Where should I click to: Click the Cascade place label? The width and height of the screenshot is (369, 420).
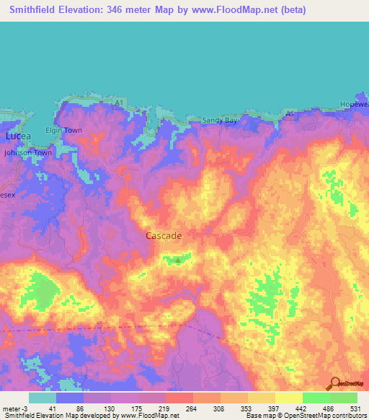[x=164, y=236]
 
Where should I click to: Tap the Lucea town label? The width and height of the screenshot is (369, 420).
[x=14, y=136]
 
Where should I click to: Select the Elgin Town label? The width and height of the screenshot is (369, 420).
[x=64, y=131]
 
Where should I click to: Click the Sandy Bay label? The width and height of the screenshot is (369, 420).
[x=219, y=121]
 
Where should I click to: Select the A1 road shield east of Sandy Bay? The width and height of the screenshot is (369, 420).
[x=290, y=115]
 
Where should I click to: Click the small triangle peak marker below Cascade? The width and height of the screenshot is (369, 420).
[x=177, y=261]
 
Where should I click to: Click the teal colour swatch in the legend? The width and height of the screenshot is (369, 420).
[x=43, y=398]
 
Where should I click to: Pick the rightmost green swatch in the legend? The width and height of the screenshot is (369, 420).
[x=344, y=398]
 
